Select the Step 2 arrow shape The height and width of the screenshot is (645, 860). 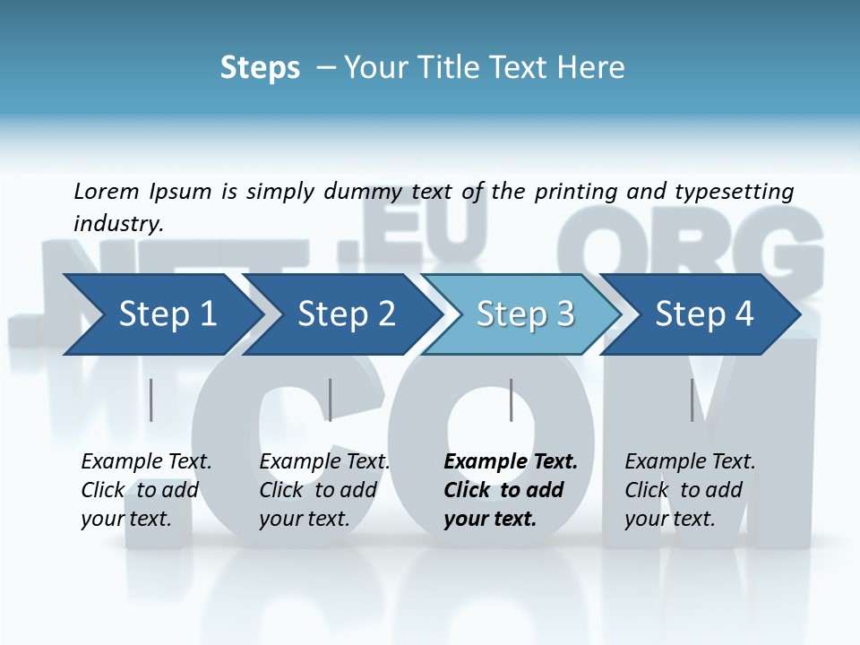coord(345,314)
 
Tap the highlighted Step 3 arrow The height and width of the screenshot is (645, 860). coord(524,314)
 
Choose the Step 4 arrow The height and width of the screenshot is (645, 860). coord(704,314)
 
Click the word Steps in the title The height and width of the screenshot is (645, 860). coord(260,68)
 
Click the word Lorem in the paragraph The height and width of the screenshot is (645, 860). coord(107,192)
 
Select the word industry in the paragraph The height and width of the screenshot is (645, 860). coord(117,224)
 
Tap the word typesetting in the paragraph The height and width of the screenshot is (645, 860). coord(734,192)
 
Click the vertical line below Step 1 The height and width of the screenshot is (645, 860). coord(151,400)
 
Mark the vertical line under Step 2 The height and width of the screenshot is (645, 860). coord(331,400)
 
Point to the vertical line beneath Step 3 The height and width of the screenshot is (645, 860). coord(511,400)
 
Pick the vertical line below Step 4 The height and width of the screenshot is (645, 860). coord(692,400)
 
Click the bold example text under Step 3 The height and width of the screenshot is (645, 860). coord(511,490)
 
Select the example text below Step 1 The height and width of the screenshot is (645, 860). coord(146,490)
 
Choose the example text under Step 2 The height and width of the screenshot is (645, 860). coord(324,490)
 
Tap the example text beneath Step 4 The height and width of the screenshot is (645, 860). coord(690,490)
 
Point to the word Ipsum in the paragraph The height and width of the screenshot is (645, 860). coord(180,192)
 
